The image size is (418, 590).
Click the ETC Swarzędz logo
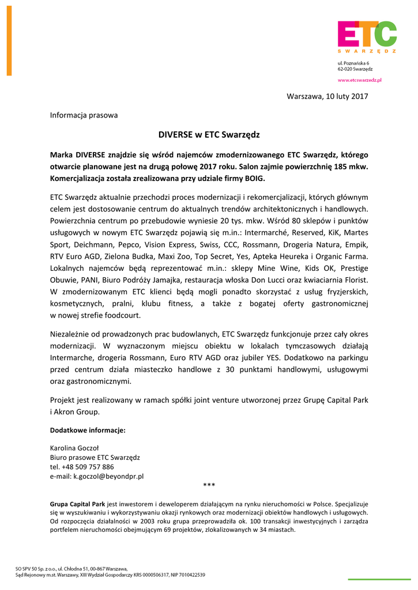point(367,37)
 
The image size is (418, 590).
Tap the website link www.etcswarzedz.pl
point(359,81)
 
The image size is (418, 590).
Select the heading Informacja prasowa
point(84,115)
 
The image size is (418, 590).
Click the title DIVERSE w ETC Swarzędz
point(209,135)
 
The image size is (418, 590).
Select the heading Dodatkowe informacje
point(88,430)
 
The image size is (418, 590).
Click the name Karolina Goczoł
point(75,448)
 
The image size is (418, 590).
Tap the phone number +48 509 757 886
point(88,467)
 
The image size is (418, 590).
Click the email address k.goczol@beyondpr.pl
point(108,476)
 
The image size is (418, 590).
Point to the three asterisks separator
point(209,486)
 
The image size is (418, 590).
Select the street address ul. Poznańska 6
point(353,62)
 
